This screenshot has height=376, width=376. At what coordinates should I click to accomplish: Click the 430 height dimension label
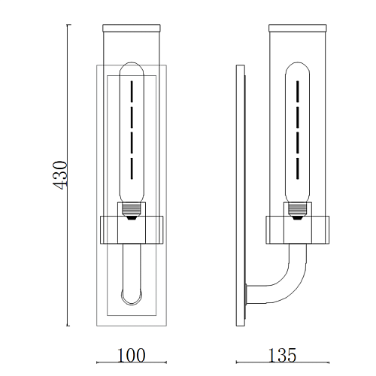[x=60, y=175]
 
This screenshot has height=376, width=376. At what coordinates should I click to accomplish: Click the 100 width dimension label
[x=131, y=355]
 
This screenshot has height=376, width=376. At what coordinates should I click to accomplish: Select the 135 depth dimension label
[x=282, y=355]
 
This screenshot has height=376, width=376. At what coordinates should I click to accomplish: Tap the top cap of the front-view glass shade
[x=132, y=28]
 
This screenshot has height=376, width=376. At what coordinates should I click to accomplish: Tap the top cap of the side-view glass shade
[x=298, y=28]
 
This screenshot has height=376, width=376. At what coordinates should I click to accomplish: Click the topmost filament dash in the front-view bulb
[x=132, y=91]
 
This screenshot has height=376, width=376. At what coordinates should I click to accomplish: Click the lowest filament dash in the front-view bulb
[x=132, y=168]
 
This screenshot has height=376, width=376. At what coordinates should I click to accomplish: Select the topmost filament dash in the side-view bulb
[x=298, y=91]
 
